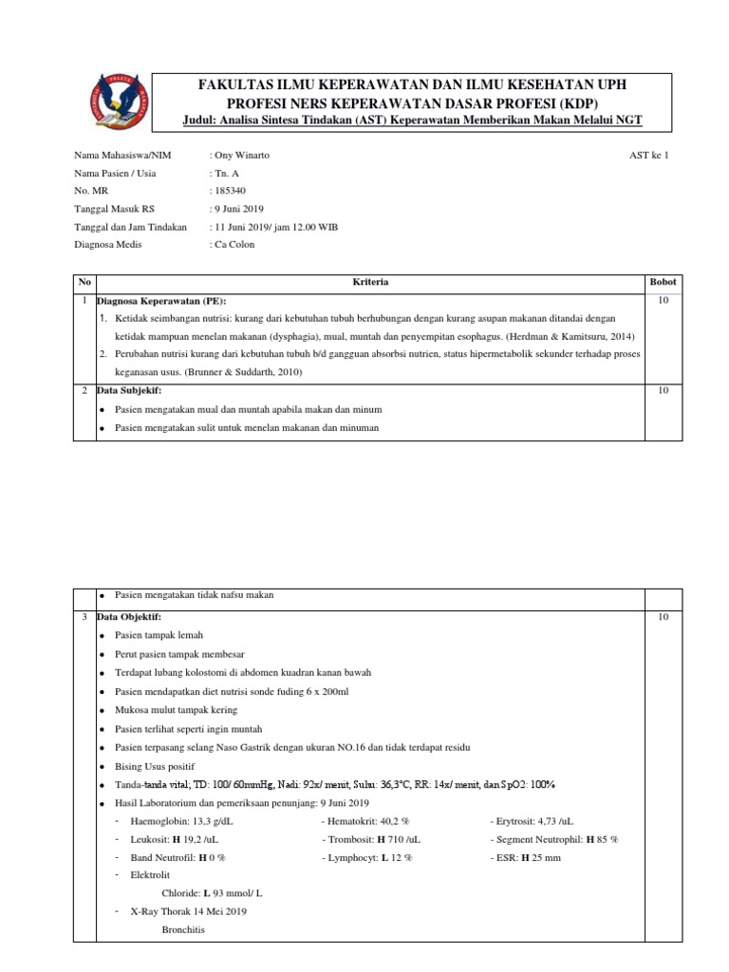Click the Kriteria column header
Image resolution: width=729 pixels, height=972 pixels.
pyautogui.click(x=370, y=283)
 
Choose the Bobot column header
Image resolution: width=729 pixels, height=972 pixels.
pyautogui.click(x=663, y=283)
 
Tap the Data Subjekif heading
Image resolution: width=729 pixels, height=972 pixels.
pyautogui.click(x=129, y=390)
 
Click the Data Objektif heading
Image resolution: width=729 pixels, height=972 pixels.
pyautogui.click(x=129, y=617)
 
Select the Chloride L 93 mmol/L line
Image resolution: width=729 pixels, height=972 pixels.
pyautogui.click(x=213, y=893)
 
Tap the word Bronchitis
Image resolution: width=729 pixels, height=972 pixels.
pyautogui.click(x=182, y=930)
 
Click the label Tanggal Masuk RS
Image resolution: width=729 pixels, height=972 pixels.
pyautogui.click(x=114, y=209)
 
